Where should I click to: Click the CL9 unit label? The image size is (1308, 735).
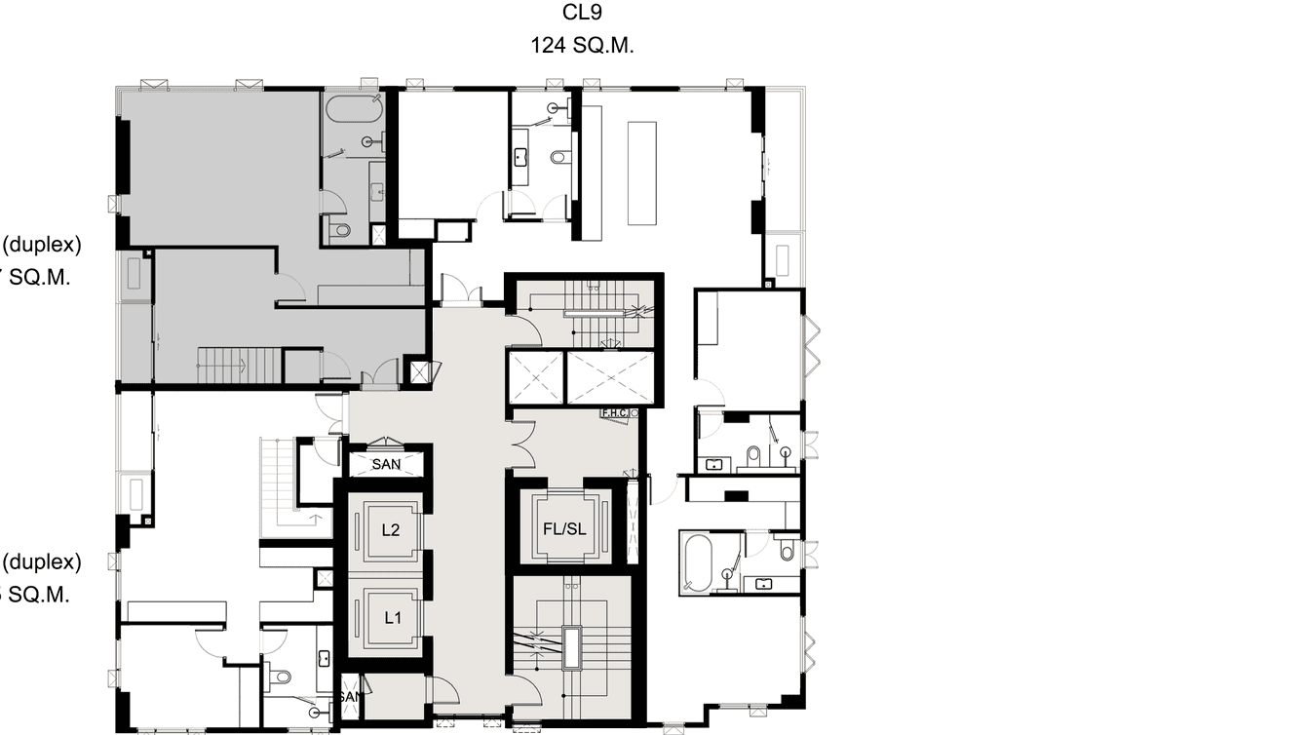[583, 14]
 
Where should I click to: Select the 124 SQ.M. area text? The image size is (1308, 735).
[583, 45]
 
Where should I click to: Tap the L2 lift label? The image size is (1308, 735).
[391, 531]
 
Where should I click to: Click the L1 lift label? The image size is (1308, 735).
[392, 616]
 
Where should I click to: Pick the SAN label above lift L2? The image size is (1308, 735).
[386, 465]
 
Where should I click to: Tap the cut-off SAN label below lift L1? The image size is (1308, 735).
[350, 697]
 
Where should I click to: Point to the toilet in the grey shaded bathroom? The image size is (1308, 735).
[339, 231]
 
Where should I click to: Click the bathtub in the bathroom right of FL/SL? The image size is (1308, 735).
[698, 562]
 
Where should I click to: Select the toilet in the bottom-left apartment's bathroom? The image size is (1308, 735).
[282, 676]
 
